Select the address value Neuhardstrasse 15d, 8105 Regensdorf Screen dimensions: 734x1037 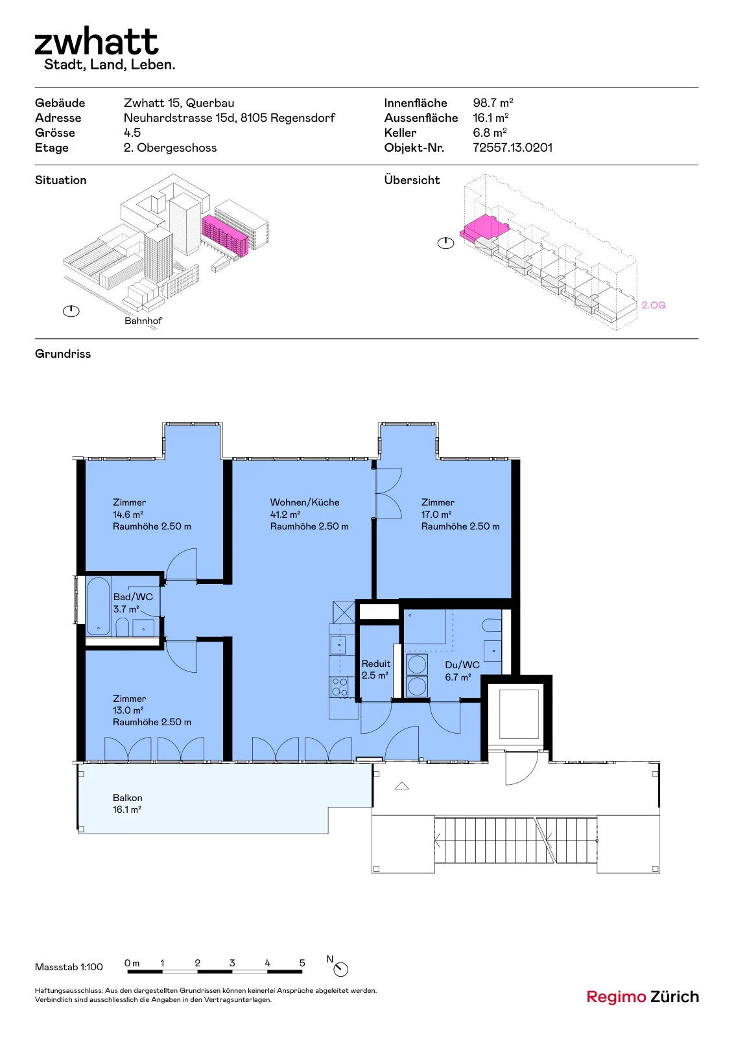click(230, 118)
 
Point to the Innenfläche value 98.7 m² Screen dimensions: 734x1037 click(493, 103)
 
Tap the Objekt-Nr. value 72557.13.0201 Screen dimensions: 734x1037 click(512, 148)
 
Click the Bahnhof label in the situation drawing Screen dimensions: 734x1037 click(143, 321)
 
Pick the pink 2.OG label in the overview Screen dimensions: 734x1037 click(654, 305)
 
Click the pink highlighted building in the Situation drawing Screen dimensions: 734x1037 click(225, 235)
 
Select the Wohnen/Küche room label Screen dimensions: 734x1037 click(305, 502)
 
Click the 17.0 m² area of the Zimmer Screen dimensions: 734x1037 click(436, 515)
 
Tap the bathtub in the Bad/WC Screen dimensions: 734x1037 click(98, 606)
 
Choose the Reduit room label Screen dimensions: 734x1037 click(376, 664)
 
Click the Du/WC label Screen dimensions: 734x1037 click(462, 665)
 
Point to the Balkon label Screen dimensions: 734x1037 click(127, 798)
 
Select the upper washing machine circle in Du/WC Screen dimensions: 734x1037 click(417, 665)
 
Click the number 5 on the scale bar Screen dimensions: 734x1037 click(302, 963)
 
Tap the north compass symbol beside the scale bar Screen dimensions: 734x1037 click(340, 969)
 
